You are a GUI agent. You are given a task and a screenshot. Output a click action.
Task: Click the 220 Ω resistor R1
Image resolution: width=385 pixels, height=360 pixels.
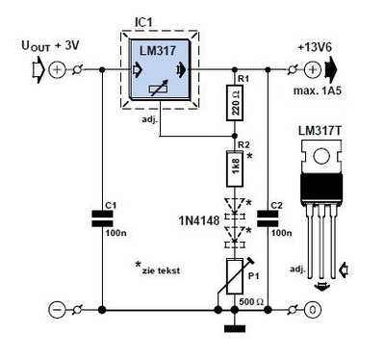pyautogui.click(x=235, y=103)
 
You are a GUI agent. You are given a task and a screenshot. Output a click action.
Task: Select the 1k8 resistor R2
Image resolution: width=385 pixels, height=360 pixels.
pyautogui.click(x=235, y=168)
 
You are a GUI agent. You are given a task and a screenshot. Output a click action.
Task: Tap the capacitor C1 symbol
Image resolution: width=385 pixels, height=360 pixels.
pyautogui.click(x=102, y=219)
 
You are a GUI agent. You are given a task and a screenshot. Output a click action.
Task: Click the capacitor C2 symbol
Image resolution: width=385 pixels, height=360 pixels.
pyautogui.click(x=269, y=219)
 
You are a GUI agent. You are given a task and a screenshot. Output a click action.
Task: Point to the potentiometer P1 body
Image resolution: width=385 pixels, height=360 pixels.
pyautogui.click(x=235, y=276)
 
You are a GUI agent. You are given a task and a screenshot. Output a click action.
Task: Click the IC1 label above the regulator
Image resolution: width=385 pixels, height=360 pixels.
pyautogui.click(x=143, y=23)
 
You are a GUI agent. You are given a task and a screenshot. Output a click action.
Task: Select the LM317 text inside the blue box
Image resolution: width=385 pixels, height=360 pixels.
pyautogui.click(x=158, y=51)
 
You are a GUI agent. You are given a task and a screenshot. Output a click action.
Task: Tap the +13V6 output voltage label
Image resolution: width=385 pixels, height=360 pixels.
pyautogui.click(x=315, y=47)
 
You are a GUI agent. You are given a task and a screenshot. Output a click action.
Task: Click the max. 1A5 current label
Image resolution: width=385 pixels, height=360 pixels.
pyautogui.click(x=318, y=90)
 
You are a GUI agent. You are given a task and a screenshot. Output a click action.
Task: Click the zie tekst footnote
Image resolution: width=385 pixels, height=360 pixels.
pyautogui.click(x=158, y=269)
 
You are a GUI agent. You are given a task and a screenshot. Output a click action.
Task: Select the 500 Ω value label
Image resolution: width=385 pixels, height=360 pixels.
pyautogui.click(x=251, y=302)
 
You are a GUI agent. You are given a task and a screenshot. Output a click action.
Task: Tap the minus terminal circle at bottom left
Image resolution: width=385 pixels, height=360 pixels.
pyautogui.click(x=57, y=310)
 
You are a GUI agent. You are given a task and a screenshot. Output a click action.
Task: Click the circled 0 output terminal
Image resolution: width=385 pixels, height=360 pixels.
pyautogui.click(x=313, y=310)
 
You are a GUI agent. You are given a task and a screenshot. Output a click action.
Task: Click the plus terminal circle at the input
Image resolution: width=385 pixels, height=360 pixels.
pyautogui.click(x=57, y=69)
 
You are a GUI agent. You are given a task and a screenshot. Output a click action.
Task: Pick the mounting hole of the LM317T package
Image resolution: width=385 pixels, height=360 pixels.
pyautogui.click(x=321, y=156)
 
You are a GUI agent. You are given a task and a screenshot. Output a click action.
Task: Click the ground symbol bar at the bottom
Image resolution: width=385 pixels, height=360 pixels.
pyautogui.click(x=235, y=328)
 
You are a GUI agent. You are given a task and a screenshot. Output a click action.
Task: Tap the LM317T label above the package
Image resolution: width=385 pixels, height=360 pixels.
pyautogui.click(x=321, y=131)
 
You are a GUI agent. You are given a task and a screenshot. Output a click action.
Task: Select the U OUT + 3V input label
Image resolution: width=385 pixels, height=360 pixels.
pyautogui.click(x=50, y=45)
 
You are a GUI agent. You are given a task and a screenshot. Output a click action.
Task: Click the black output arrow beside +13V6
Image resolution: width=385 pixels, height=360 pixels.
pyautogui.click(x=331, y=69)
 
